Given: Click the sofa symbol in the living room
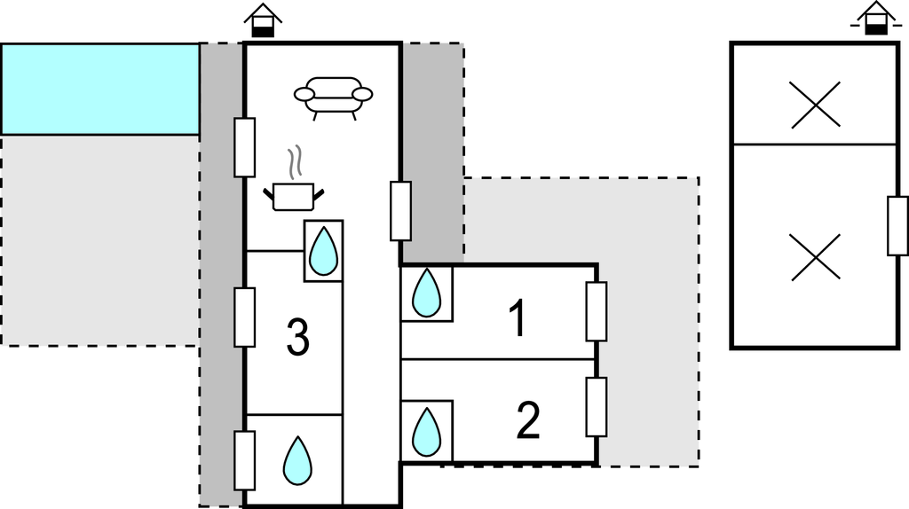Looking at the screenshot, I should (333, 96).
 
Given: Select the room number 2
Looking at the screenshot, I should (527, 421).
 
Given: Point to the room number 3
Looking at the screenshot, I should (298, 336).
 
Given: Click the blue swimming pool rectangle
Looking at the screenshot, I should (99, 89).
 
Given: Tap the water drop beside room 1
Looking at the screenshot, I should (428, 293).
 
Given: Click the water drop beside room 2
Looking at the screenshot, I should (428, 431).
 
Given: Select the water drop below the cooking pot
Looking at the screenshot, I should (323, 250).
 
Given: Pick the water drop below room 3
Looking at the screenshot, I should (297, 459).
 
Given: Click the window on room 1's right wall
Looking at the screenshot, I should (597, 311).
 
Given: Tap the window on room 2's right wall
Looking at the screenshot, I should (597, 407).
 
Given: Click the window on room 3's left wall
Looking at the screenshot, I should (244, 317).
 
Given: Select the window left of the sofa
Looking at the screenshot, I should (244, 146).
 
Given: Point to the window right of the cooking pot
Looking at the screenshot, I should (400, 211).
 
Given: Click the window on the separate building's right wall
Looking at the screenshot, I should (897, 226).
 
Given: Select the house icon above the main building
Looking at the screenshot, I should (264, 20).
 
